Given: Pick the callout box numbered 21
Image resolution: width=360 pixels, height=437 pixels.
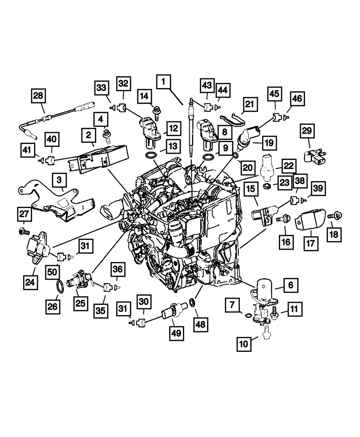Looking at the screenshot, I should tap(249, 105).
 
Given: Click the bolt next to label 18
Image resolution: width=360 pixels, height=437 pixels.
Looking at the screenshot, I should tap(335, 216).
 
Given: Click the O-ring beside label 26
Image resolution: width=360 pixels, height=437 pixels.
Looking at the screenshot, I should tap(60, 288).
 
